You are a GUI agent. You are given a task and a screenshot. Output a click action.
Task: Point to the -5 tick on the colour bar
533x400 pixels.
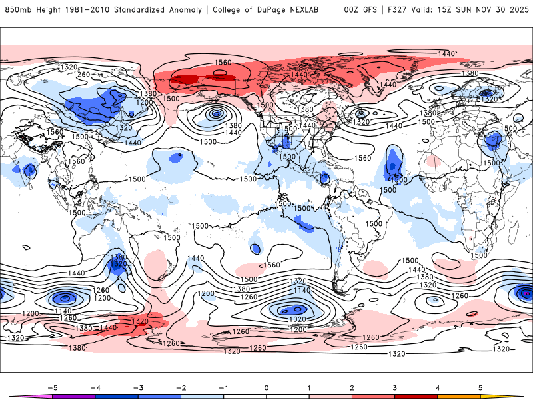(x=51, y=387)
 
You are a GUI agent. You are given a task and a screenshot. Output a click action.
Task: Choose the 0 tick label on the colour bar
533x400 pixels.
(x=266, y=387)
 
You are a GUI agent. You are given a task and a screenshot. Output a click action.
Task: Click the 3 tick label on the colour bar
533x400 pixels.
(x=395, y=387)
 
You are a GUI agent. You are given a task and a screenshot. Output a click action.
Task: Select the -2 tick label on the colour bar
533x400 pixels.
(x=180, y=387)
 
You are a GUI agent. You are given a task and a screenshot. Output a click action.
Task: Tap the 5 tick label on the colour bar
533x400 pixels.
(x=481, y=387)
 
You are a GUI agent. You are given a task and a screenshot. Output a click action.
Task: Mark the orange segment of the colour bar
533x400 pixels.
(x=459, y=397)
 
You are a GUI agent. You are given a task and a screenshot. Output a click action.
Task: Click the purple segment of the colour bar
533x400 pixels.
(x=73, y=397)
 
